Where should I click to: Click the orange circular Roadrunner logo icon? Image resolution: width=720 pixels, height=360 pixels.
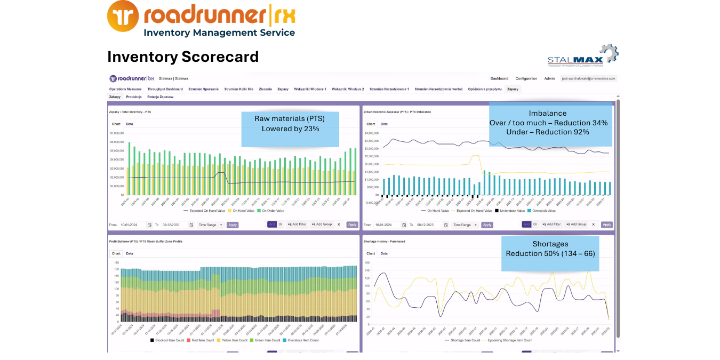click(x=123, y=16)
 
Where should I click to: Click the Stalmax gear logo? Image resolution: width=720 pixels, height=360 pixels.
click(x=609, y=54)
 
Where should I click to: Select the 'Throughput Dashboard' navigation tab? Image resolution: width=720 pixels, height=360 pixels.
click(x=165, y=89)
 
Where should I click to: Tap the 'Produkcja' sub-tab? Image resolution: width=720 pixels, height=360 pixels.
click(x=133, y=97)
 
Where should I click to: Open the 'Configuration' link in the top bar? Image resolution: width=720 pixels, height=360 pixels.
click(x=526, y=78)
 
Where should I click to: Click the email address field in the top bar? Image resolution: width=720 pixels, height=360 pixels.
click(x=588, y=78)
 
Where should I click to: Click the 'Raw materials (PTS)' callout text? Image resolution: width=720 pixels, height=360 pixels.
click(x=290, y=118)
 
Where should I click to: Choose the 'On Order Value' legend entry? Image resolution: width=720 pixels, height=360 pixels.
click(x=271, y=211)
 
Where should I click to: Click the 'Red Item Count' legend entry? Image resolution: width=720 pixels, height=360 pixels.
click(x=201, y=340)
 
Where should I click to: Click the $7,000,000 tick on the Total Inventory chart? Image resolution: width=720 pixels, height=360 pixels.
click(x=117, y=133)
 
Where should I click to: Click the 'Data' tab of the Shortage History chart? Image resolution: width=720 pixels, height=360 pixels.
click(x=383, y=253)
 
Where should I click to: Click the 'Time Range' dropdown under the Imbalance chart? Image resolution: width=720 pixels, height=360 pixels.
click(x=463, y=225)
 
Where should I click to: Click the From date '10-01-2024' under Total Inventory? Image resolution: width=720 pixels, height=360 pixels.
click(x=131, y=225)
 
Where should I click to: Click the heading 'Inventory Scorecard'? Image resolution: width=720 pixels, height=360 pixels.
click(x=183, y=57)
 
